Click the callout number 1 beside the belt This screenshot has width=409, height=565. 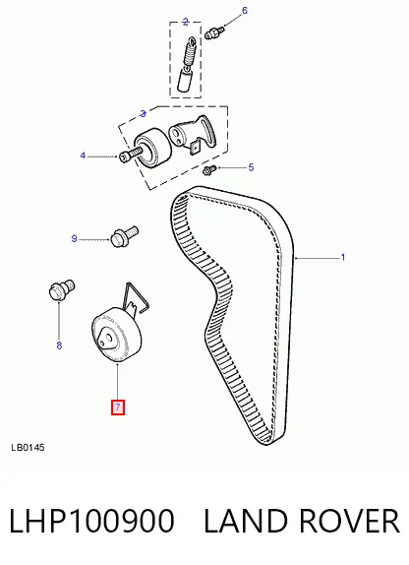343,257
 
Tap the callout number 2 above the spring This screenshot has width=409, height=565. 186,22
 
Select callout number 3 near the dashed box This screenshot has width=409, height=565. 143,114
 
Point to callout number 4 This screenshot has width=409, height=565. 83,156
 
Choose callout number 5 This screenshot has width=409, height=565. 251,167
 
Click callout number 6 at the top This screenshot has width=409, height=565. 245,10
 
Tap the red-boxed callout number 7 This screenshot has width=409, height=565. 118,408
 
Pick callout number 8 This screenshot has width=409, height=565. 59,345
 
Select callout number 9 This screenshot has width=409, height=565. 74,238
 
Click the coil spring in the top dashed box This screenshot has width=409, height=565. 189,52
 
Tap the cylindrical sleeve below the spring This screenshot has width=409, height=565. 184,81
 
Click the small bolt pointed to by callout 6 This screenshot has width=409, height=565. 214,32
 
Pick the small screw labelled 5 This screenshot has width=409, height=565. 209,170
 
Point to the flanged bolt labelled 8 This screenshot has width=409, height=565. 61,290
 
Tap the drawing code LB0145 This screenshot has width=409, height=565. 28,448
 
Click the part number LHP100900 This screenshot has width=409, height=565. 91,521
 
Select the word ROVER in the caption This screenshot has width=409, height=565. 349,521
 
